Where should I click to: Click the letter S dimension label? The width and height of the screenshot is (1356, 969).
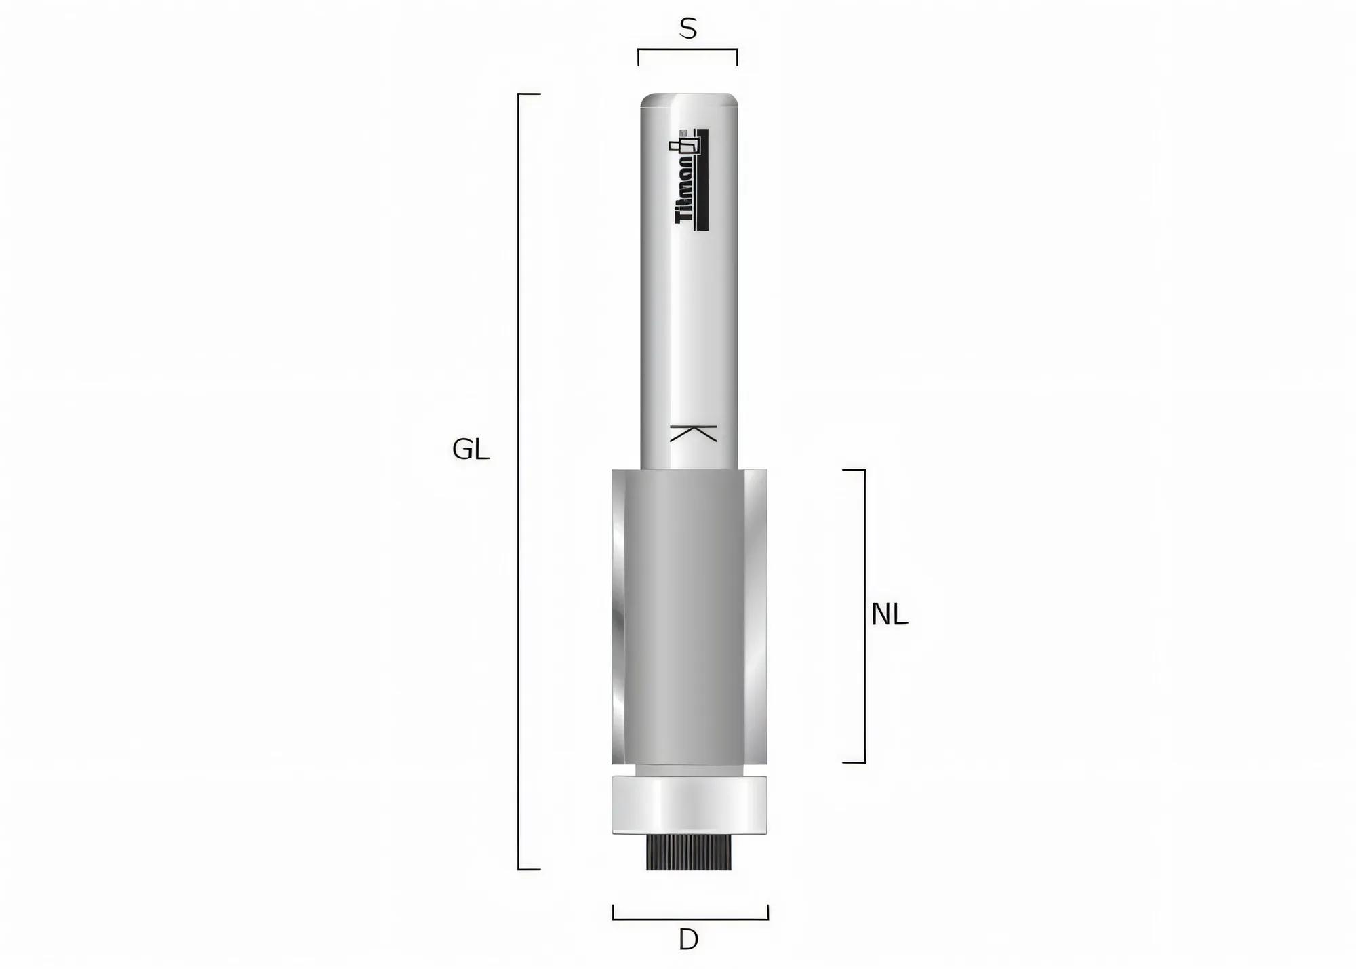[x=687, y=29]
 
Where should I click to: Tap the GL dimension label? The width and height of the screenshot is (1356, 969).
[x=471, y=450]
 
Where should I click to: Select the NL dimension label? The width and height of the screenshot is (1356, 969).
[x=889, y=614]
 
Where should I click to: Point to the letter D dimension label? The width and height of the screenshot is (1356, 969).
[x=688, y=940]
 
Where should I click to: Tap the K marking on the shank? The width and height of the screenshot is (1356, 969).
[x=693, y=433]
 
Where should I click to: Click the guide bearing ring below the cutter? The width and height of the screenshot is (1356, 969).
[x=690, y=804]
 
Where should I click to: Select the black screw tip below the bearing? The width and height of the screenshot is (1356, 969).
[x=689, y=852]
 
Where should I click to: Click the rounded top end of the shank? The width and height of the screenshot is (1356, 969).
[x=690, y=100]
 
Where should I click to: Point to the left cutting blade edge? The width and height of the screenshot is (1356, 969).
[x=618, y=616]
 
